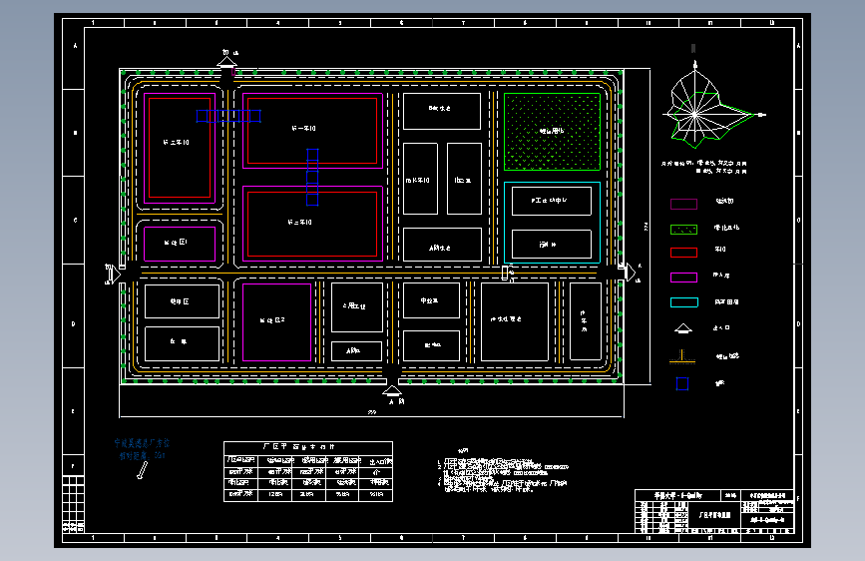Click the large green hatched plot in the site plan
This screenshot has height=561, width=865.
tap(552, 132)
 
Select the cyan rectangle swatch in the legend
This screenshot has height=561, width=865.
tap(683, 301)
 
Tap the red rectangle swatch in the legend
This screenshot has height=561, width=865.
tap(683, 252)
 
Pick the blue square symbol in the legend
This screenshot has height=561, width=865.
tap(682, 382)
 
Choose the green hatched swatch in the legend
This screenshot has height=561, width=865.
tap(683, 229)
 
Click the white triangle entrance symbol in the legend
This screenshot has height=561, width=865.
tap(683, 328)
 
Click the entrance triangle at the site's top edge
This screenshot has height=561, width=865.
tap(227, 66)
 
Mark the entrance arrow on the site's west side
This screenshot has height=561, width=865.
tap(112, 271)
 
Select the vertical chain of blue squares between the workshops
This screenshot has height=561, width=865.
tap(312, 175)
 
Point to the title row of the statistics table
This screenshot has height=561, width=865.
tap(308, 447)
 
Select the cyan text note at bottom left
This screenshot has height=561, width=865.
tap(143, 448)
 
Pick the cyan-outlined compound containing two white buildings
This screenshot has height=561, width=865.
tap(551, 223)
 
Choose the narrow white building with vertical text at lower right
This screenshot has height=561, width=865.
tap(585, 321)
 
